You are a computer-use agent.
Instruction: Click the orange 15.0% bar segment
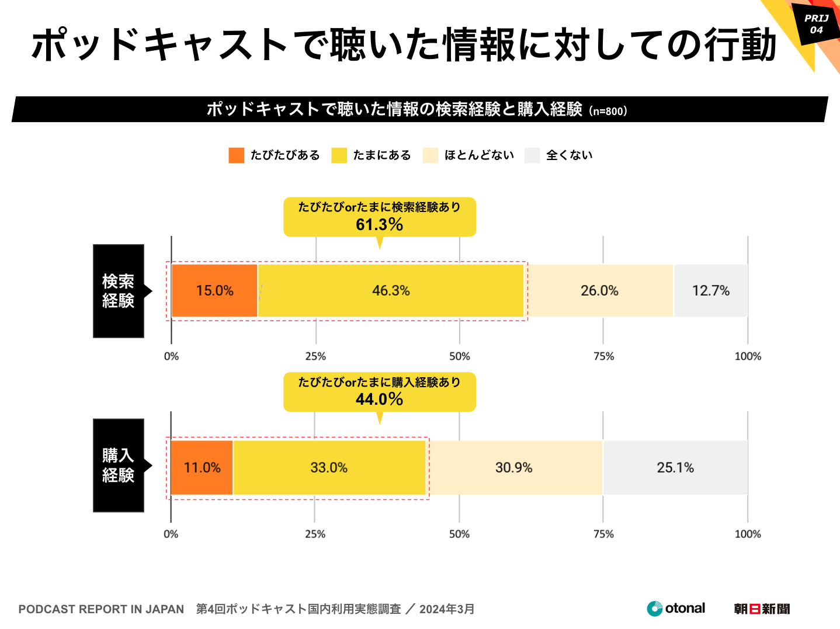tap(214, 291)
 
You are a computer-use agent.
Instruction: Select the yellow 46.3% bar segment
tap(391, 291)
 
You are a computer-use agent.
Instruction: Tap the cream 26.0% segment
tap(599, 291)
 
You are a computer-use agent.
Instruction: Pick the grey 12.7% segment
tap(710, 291)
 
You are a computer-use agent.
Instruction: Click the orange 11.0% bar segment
tap(202, 468)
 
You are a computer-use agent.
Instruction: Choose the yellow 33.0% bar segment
tap(329, 468)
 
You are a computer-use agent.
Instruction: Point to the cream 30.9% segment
tap(514, 468)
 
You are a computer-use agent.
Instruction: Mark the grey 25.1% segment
tap(675, 468)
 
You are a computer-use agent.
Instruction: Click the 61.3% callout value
tap(379, 224)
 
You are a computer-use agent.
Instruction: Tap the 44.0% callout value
tap(379, 399)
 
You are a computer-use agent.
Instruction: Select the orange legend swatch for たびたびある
tap(236, 155)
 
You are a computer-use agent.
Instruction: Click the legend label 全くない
tap(570, 155)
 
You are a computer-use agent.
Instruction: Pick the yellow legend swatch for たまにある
tap(339, 155)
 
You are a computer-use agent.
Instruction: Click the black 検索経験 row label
tap(119, 291)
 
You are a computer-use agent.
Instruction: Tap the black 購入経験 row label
tap(119, 465)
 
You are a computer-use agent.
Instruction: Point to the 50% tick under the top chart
tap(460, 356)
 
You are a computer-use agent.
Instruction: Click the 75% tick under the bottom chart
tap(603, 534)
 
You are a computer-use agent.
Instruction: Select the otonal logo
tap(676, 609)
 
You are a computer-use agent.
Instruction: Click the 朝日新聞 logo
tap(762, 609)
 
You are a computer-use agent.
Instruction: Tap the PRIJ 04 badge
tap(816, 24)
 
